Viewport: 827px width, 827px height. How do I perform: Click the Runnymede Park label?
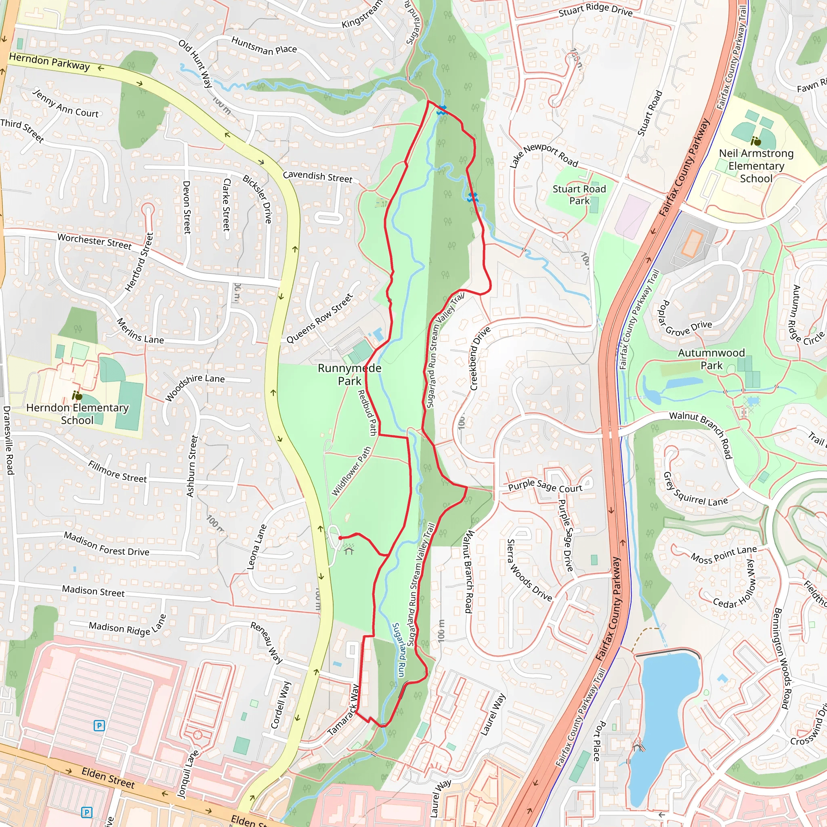(349, 375)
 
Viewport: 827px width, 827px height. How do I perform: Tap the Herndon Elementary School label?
(77, 413)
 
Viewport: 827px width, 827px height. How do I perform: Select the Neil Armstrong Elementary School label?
(756, 166)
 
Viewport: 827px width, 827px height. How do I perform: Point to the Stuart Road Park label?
(579, 195)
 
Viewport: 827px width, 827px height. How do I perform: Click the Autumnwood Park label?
(712, 359)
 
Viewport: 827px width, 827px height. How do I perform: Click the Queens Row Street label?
(319, 318)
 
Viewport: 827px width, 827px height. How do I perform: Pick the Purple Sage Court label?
(545, 487)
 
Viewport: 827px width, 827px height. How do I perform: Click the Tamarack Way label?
(343, 710)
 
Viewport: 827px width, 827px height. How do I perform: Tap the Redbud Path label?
(367, 413)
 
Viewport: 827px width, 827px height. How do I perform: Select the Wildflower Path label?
(351, 471)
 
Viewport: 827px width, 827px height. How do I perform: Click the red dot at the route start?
(340, 537)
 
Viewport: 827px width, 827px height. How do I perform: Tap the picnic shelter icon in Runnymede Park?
(349, 549)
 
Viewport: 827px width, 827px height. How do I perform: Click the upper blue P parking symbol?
(99, 726)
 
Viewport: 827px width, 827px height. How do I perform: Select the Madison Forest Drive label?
(106, 544)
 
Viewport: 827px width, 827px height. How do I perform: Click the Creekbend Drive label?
(480, 359)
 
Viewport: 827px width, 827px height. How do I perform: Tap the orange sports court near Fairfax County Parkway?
(692, 243)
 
